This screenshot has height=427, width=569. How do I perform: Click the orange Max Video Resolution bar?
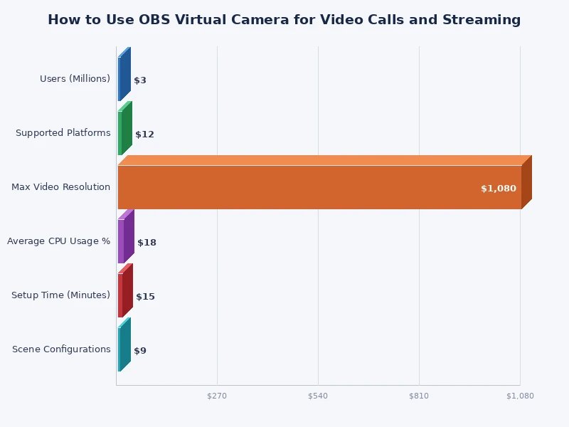point(319,186)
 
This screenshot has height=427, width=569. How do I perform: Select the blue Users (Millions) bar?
point(120,79)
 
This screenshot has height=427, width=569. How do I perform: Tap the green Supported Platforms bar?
point(120,133)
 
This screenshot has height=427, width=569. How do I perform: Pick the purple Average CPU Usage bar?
point(122,241)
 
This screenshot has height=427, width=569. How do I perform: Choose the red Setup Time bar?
point(121,295)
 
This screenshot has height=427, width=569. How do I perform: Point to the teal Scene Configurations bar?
point(120,349)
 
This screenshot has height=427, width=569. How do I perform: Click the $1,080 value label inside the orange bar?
point(498,189)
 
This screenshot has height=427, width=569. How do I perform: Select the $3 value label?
point(140,80)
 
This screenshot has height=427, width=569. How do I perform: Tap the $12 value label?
point(144,135)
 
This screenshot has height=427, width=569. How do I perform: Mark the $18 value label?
point(147,243)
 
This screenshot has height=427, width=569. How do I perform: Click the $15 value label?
point(145,297)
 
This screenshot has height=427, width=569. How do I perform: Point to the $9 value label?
point(140,351)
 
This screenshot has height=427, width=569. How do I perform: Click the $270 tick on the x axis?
point(217,396)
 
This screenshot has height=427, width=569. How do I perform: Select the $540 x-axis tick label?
point(318,396)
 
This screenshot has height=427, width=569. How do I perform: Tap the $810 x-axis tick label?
point(419,396)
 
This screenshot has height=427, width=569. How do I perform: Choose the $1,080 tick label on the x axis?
point(520,396)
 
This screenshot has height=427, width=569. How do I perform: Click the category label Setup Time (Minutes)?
point(60,295)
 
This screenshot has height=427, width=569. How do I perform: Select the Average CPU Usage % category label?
point(58,241)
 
